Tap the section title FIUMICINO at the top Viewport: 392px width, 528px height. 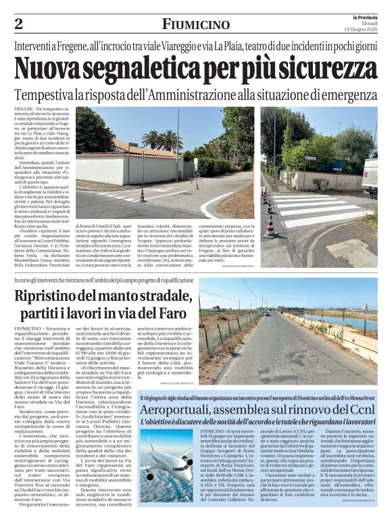pos(195,24)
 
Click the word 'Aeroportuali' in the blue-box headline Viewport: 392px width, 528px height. pos(196,410)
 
